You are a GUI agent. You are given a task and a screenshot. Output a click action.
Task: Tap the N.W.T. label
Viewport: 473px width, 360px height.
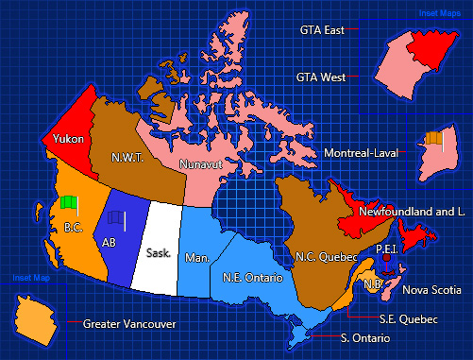coord(126,157)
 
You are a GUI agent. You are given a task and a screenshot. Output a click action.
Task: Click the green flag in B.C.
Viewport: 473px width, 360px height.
coord(67,202)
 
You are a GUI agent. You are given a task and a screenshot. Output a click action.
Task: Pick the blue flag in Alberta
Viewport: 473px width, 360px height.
coord(115,217)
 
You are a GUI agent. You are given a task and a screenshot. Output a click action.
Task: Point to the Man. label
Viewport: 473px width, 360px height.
coord(197,257)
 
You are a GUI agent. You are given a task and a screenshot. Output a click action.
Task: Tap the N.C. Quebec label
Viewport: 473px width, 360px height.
coord(326,256)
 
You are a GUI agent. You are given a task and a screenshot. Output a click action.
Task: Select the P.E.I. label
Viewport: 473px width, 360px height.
coord(385,249)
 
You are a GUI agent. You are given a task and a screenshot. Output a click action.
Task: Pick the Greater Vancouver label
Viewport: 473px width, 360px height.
coord(129,323)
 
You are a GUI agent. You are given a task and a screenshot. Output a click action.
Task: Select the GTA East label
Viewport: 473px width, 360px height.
coord(320,30)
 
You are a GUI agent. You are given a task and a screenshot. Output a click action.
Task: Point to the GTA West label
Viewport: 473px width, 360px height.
coord(319,76)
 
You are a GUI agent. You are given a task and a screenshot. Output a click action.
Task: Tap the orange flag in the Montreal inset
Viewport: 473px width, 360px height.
coord(432,138)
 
